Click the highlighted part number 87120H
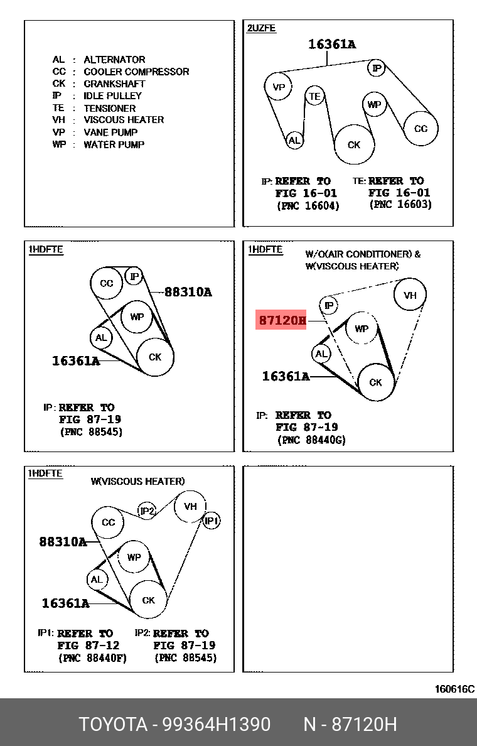pyautogui.click(x=282, y=321)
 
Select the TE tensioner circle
pyautogui.click(x=314, y=96)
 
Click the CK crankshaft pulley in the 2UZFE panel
pyautogui.click(x=354, y=144)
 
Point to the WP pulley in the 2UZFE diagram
pyautogui.click(x=374, y=104)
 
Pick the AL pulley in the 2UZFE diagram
pyautogui.click(x=294, y=140)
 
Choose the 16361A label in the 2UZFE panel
pyautogui.click(x=331, y=44)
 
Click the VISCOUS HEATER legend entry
pyautogui.click(x=124, y=120)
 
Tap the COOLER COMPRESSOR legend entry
pyautogui.click(x=136, y=72)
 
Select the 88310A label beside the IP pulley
pyautogui.click(x=188, y=292)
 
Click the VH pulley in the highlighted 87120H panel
pyautogui.click(x=410, y=295)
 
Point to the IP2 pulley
pyautogui.click(x=146, y=511)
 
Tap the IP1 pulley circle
pyautogui.click(x=212, y=521)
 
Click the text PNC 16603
pyautogui.click(x=400, y=205)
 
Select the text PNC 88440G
pyautogui.click(x=311, y=440)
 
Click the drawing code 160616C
pyautogui.click(x=455, y=689)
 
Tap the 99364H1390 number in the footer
pyautogui.click(x=217, y=724)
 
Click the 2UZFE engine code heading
pyautogui.click(x=262, y=28)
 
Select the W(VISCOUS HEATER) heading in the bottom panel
pyautogui.click(x=137, y=481)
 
